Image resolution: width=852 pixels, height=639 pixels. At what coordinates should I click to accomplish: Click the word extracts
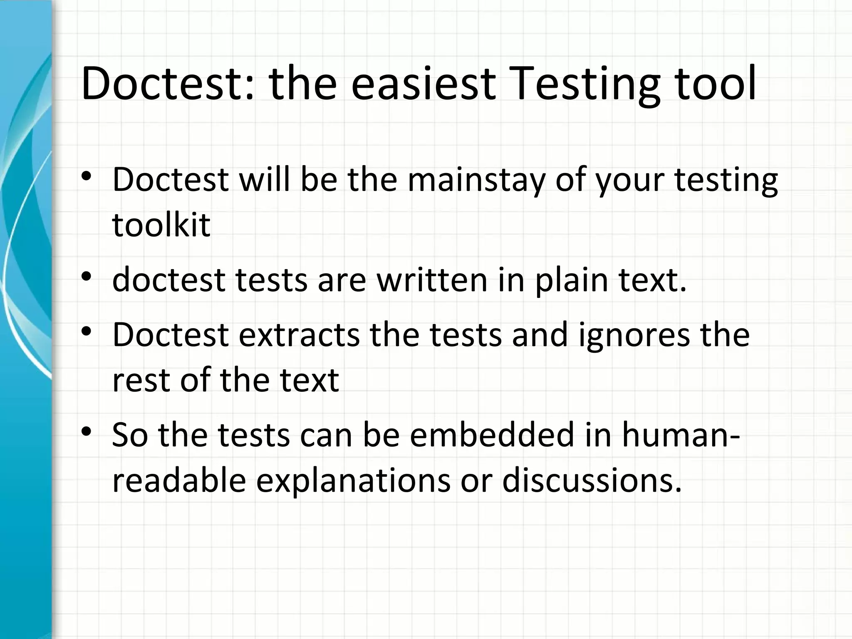(299, 334)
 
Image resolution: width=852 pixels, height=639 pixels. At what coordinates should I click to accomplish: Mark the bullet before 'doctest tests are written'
(86, 276)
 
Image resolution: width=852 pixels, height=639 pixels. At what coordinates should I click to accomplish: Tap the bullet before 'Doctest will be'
(86, 176)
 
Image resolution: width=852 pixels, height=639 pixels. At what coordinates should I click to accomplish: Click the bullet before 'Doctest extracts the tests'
(86, 332)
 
